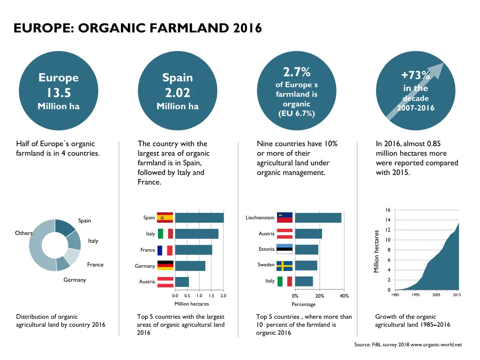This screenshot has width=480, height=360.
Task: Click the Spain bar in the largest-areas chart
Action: pyautogui.click(x=199, y=217)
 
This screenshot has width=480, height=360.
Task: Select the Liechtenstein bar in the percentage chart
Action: pyautogui.click(x=318, y=217)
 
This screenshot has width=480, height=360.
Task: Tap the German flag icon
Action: pyautogui.click(x=165, y=265)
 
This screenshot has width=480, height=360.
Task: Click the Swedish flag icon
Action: pyautogui.click(x=285, y=265)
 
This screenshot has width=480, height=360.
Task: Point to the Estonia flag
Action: pyautogui.click(x=285, y=249)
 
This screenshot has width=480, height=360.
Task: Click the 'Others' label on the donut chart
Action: pyautogui.click(x=24, y=233)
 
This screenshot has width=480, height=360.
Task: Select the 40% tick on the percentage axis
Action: pyautogui.click(x=344, y=296)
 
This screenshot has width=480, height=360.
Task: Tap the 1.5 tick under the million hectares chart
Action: pyautogui.click(x=211, y=296)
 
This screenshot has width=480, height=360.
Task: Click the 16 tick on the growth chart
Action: pyautogui.click(x=388, y=210)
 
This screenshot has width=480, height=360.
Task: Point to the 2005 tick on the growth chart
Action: pyautogui.click(x=436, y=295)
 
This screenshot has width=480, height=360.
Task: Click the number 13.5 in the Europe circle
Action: pyautogui.click(x=59, y=92)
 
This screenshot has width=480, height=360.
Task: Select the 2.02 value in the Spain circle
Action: pyautogui.click(x=177, y=92)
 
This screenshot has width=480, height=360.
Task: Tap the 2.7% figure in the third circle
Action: pyautogui.click(x=297, y=73)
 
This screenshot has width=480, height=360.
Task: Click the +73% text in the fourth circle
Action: pyautogui.click(x=415, y=75)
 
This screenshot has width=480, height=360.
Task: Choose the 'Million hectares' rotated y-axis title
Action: pyautogui.click(x=376, y=250)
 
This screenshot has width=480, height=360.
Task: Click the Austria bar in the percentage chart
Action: pyautogui.click(x=308, y=233)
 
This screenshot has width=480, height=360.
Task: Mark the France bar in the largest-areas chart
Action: pyautogui.click(x=194, y=250)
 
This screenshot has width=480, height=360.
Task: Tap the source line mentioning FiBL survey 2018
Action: pyautogui.click(x=408, y=345)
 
